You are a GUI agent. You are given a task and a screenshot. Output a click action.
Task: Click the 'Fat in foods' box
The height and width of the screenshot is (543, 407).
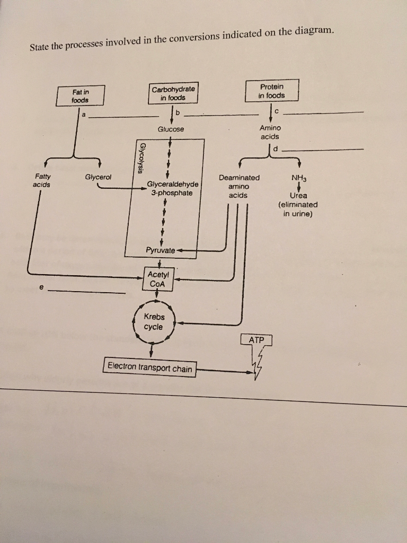(81, 95)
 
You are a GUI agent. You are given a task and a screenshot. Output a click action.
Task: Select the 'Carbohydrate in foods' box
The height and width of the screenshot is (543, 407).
(173, 93)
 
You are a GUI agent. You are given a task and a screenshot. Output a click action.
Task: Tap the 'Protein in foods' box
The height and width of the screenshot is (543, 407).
(272, 91)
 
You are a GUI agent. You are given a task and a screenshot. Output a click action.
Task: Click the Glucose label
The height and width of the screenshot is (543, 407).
(171, 129)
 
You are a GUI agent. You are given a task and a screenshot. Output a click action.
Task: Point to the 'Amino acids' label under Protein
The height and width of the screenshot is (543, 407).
(270, 132)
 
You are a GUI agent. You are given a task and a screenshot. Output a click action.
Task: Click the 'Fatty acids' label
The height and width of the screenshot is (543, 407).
(41, 180)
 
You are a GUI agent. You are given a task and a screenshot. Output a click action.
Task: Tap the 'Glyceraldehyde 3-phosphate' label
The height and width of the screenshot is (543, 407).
(173, 188)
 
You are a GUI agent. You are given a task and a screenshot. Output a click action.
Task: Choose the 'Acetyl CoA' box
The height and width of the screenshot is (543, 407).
(157, 279)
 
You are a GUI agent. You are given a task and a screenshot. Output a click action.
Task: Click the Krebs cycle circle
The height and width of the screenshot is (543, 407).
(154, 322)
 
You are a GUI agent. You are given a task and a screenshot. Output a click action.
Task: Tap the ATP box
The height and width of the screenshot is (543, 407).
(256, 339)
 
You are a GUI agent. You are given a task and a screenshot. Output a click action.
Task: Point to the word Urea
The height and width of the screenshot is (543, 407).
(298, 195)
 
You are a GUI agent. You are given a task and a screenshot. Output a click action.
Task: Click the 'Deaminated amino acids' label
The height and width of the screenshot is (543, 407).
(239, 187)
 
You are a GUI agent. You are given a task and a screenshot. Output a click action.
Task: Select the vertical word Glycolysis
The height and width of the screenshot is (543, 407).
(141, 157)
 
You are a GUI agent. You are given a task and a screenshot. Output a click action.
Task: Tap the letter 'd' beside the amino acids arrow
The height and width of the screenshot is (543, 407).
(276, 148)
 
